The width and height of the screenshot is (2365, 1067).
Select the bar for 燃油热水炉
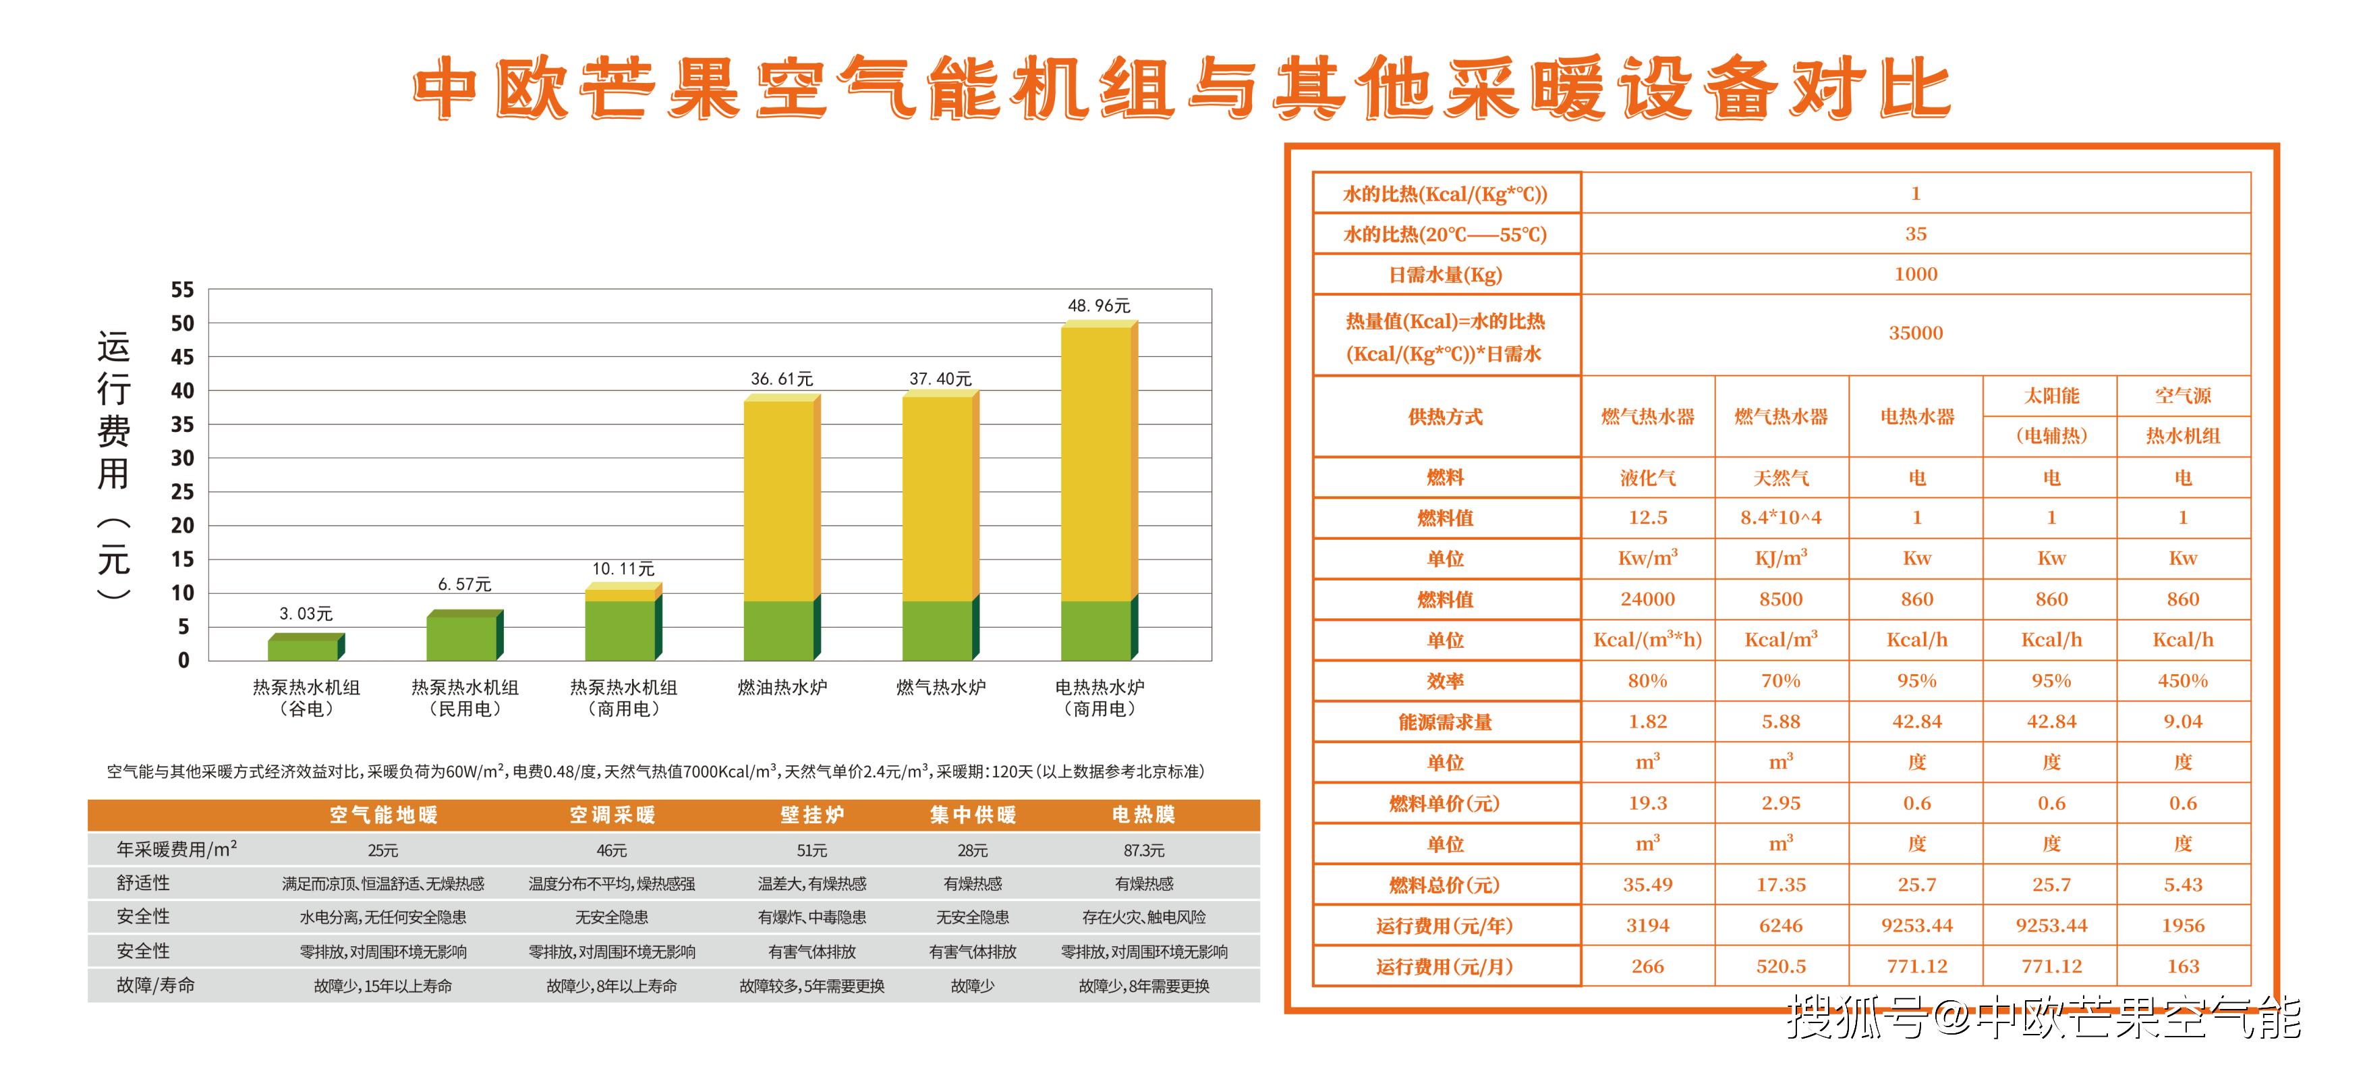click(x=780, y=528)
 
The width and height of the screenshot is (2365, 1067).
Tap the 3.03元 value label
click(x=306, y=613)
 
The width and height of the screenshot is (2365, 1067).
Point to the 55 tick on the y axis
click(x=183, y=290)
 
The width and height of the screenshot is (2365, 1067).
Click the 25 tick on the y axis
click(x=183, y=492)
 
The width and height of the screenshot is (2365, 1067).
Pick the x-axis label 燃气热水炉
click(x=940, y=687)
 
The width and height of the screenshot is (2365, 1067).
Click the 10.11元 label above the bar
click(x=623, y=570)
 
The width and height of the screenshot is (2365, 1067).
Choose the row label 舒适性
click(x=143, y=883)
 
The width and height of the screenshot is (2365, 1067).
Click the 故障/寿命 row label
click(x=155, y=985)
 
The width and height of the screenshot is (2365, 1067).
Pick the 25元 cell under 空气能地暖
click(x=383, y=850)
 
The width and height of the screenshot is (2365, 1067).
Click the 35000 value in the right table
click(x=1915, y=333)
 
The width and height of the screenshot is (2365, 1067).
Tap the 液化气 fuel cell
click(x=1647, y=478)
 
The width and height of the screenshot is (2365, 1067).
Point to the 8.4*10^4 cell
click(x=1780, y=518)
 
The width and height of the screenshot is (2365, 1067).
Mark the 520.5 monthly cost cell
click(x=1780, y=966)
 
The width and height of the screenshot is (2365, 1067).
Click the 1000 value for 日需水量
click(x=1915, y=275)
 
